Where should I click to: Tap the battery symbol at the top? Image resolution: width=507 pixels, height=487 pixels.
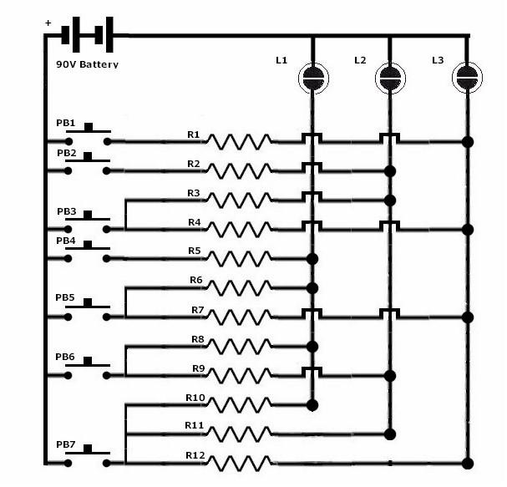[86, 36]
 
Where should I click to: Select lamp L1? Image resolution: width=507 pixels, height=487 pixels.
[313, 78]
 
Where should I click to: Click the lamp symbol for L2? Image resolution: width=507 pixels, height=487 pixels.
[389, 78]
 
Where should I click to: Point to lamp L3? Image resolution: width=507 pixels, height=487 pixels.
[467, 78]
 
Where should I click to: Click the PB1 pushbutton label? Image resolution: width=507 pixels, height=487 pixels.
[66, 124]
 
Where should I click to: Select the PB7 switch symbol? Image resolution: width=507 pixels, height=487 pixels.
[88, 459]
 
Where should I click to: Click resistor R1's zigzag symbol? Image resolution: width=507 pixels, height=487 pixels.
[240, 141]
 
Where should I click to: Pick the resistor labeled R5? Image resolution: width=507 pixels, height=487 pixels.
[240, 258]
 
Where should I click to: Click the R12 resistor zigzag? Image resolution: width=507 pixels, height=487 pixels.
[240, 462]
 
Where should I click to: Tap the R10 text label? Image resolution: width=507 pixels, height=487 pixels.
[194, 397]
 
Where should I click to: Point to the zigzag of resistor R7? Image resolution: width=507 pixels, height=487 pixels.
[240, 317]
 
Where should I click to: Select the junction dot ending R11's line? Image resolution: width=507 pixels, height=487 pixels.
[389, 434]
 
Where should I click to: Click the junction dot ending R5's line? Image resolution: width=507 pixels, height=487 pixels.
[313, 258]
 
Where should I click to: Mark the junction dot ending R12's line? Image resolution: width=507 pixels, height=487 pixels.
[467, 462]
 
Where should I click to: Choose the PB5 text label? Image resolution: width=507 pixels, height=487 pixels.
[65, 297]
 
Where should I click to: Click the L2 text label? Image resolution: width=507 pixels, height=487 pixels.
[360, 60]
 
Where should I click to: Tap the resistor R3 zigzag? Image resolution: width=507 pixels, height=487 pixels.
[240, 200]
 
